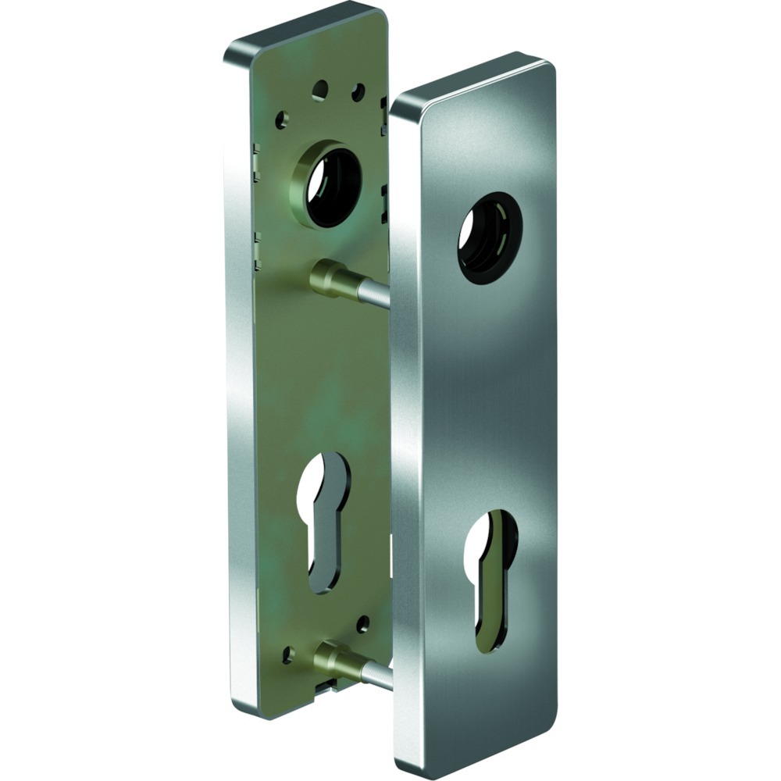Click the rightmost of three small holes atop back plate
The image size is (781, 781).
tap(358, 93)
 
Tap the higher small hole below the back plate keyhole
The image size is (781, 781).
tap(362, 623)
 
